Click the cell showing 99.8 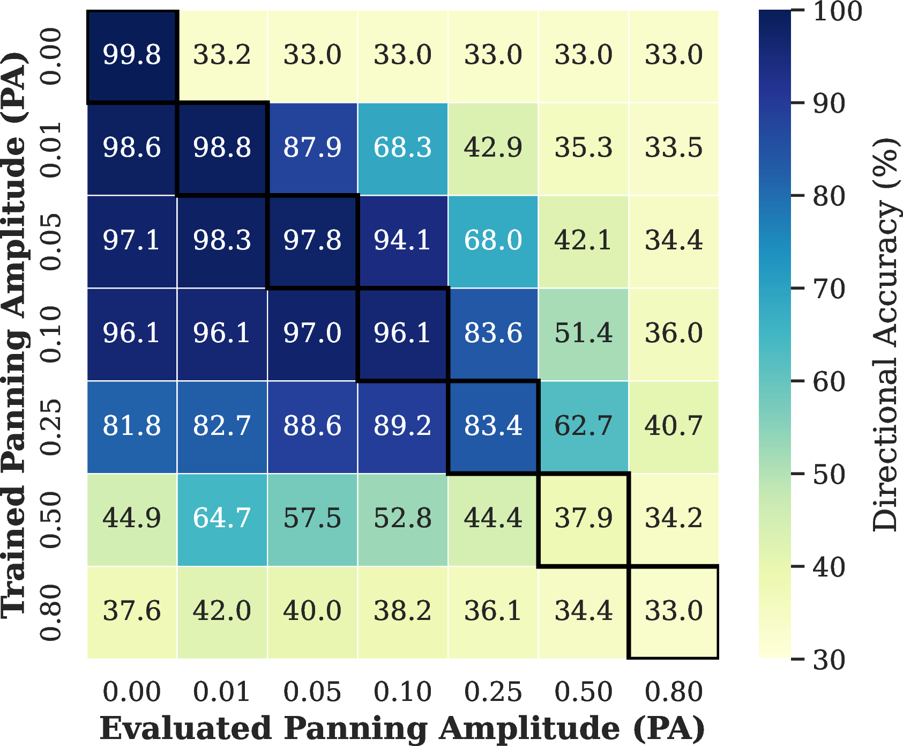click(x=132, y=56)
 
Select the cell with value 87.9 click(x=312, y=149)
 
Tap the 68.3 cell click(x=402, y=149)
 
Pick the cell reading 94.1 click(x=402, y=241)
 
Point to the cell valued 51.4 click(x=583, y=334)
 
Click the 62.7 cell click(x=583, y=427)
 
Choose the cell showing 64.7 click(x=222, y=519)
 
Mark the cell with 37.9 click(x=583, y=519)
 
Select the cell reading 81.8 click(x=132, y=427)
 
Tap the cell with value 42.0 click(x=222, y=612)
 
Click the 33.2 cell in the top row click(x=222, y=56)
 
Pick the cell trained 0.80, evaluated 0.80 click(x=674, y=612)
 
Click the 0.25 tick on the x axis click(x=493, y=692)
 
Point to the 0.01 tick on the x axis click(x=222, y=692)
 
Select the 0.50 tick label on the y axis click(x=51, y=520)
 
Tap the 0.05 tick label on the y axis click(x=51, y=242)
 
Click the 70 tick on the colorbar click(x=829, y=289)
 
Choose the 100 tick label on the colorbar click(x=837, y=11)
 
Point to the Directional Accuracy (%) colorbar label click(x=885, y=335)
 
